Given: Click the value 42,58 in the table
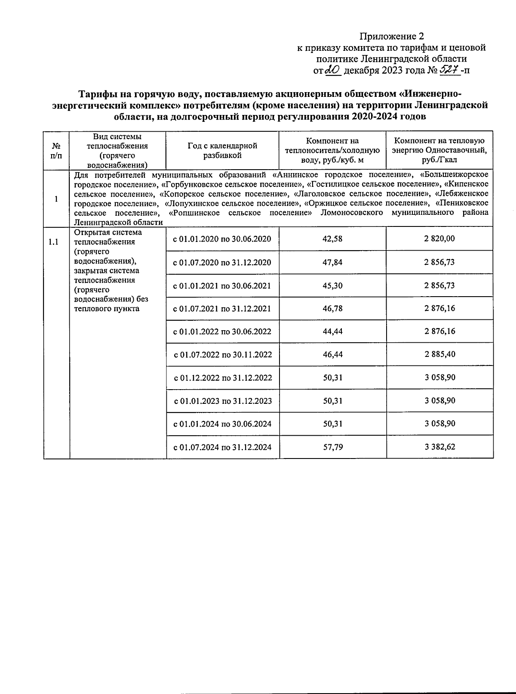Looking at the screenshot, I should click(x=332, y=239).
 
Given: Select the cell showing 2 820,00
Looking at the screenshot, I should click(x=439, y=239).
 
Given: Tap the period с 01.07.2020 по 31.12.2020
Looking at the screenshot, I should click(x=222, y=262).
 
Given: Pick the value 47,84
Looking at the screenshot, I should click(x=332, y=262).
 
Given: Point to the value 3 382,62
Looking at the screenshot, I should click(x=439, y=447).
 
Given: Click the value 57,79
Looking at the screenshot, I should click(x=332, y=447).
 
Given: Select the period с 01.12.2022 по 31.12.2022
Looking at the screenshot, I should click(x=222, y=378).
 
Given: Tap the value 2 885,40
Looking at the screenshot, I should click(x=439, y=354).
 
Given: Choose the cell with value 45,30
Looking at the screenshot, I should click(x=332, y=285).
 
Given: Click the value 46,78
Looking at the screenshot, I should click(x=332, y=308).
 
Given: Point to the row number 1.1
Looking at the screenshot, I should click(x=53, y=242).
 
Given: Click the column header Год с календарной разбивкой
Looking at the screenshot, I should click(x=222, y=150).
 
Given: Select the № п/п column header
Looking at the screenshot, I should click(x=56, y=150).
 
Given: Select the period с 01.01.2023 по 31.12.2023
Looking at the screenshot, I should click(x=222, y=401).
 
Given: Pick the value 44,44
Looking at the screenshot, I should click(x=332, y=332).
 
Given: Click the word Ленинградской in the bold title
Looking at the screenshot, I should click(x=457, y=105).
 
